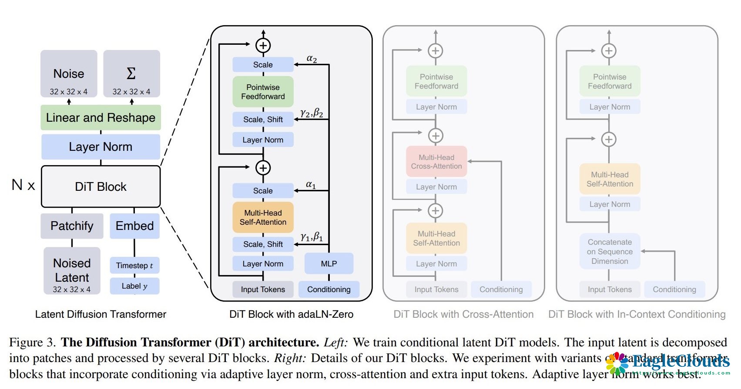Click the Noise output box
pyautogui.click(x=69, y=73)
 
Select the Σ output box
pyautogui.click(x=131, y=73)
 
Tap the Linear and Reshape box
pyautogui.click(x=101, y=117)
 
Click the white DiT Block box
pyautogui.click(x=101, y=186)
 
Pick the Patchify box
pyautogui.click(x=72, y=226)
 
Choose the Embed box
pyautogui.click(x=134, y=226)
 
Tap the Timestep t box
pyautogui.click(x=134, y=266)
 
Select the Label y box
pyautogui.click(x=134, y=286)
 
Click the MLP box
pyautogui.click(x=329, y=264)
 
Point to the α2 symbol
pyautogui.click(x=312, y=59)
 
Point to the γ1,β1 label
pyautogui.click(x=312, y=237)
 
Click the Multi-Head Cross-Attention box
pyautogui.click(x=436, y=162)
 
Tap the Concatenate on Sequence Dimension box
pyautogui.click(x=610, y=252)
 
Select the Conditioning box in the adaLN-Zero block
pyautogui.click(x=329, y=289)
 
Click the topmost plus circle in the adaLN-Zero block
pyautogui.click(x=263, y=45)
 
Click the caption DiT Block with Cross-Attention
pyautogui.click(x=463, y=314)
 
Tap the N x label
pyautogui.click(x=23, y=185)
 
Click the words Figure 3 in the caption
pyautogui.click(x=32, y=342)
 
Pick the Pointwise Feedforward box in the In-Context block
pyautogui.click(x=610, y=81)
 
